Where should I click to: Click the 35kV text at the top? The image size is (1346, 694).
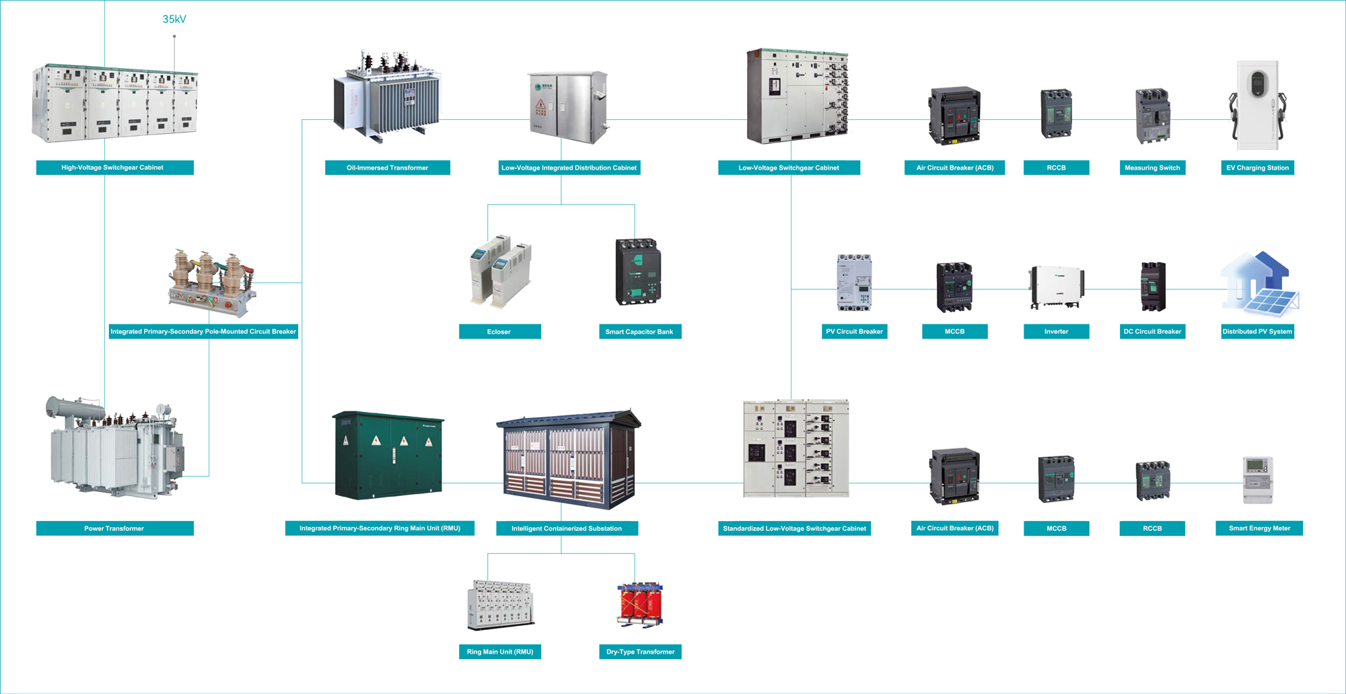tap(174, 19)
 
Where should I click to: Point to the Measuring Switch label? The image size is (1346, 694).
tap(1152, 168)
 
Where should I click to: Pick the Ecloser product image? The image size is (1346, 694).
tap(500, 272)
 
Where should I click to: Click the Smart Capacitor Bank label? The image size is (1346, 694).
tap(639, 332)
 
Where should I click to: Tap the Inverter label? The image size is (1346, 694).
tap(1056, 332)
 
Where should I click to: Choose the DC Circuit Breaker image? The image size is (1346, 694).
tap(1153, 286)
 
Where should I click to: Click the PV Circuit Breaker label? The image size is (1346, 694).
tap(854, 332)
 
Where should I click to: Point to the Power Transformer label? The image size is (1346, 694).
tap(114, 528)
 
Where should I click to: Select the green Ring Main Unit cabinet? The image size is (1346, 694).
tap(388, 456)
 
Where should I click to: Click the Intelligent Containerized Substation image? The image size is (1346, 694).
tap(569, 459)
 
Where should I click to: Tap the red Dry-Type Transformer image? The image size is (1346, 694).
tap(640, 604)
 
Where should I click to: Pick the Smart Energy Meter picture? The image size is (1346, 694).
tap(1258, 479)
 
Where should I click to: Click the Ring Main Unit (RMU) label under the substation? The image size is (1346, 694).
tap(500, 652)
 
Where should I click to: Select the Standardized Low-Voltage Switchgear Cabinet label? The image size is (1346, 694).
tap(794, 528)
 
